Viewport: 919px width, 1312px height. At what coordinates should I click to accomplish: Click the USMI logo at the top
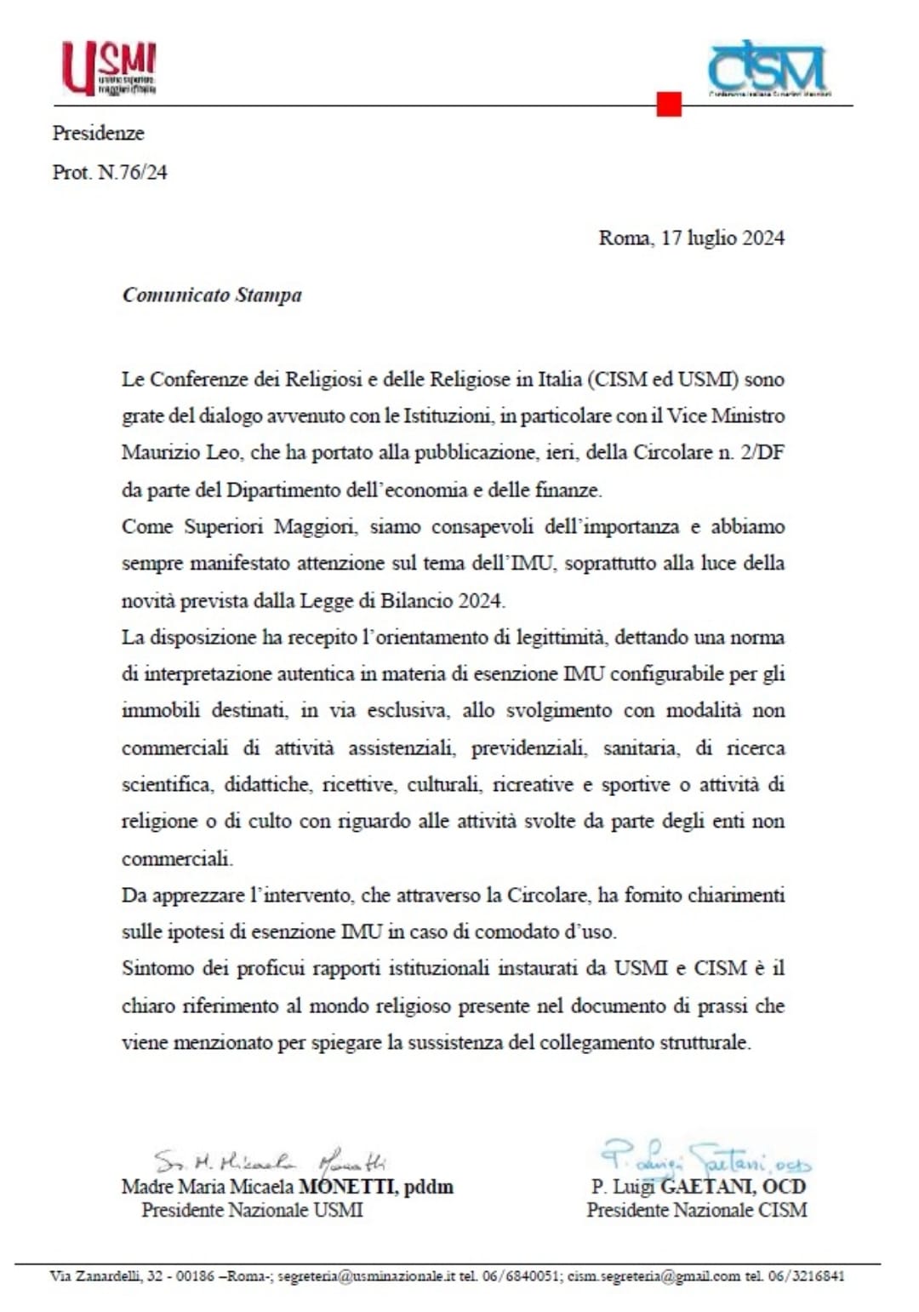(x=108, y=68)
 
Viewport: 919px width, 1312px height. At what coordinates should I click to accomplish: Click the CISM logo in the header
(x=768, y=67)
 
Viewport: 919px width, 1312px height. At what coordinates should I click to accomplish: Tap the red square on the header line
(x=669, y=104)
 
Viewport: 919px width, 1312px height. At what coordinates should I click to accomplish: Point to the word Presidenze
(x=98, y=133)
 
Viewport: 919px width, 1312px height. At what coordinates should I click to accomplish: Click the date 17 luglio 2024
(x=722, y=238)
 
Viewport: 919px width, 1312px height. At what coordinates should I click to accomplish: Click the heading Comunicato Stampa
(x=212, y=295)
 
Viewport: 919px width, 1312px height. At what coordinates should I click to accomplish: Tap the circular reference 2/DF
(x=762, y=452)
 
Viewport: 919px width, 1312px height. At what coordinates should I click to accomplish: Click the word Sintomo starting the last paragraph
(x=157, y=968)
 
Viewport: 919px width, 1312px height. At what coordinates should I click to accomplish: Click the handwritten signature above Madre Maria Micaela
(x=269, y=1160)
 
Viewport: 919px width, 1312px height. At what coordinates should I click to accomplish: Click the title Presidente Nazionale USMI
(x=252, y=1210)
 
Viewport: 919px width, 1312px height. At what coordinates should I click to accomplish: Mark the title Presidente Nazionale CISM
(x=696, y=1210)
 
